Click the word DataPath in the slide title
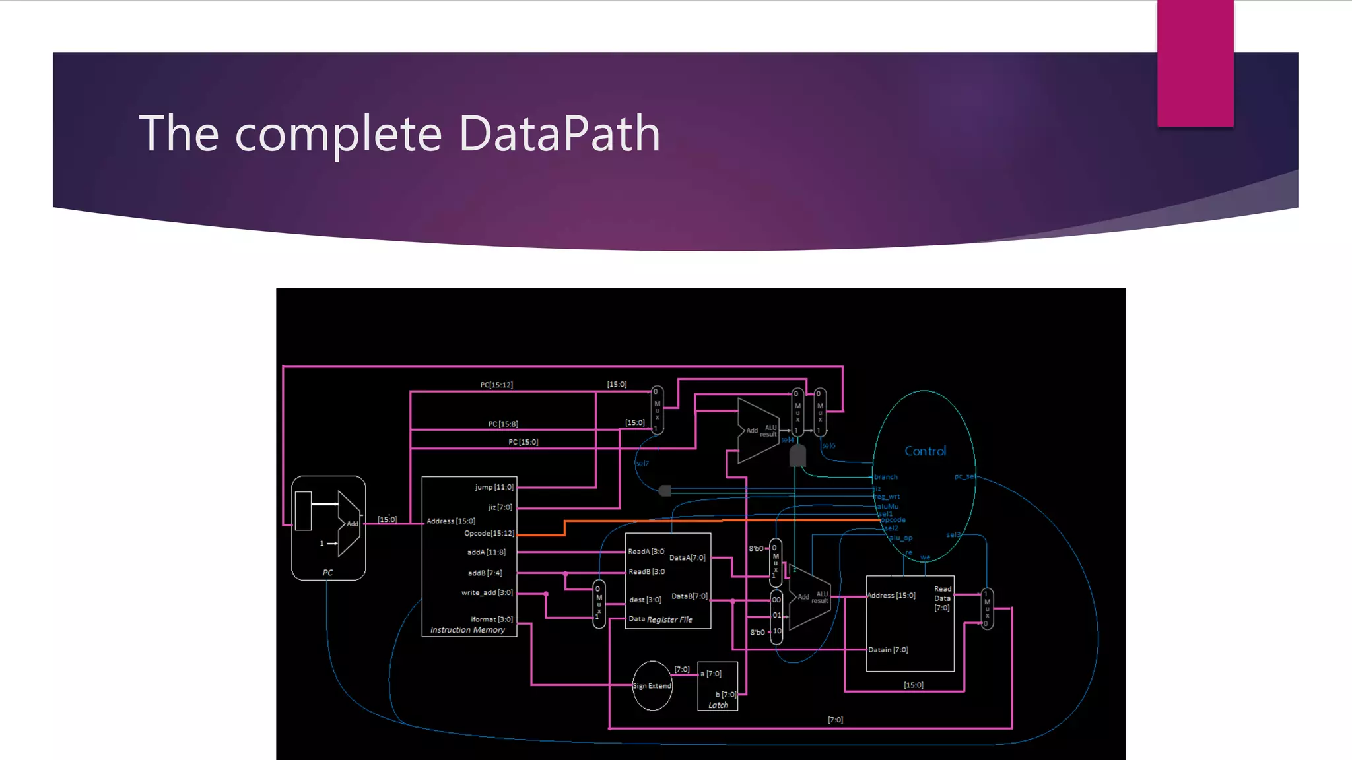[x=559, y=133]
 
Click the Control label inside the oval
[x=925, y=451]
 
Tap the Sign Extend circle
[x=652, y=686]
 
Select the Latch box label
[x=718, y=705]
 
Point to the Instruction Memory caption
[x=467, y=630]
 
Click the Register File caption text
[x=669, y=619]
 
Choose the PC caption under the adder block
[x=327, y=573]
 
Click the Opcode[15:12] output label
[x=489, y=533]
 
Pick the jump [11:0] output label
[x=494, y=487]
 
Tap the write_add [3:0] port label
[x=487, y=592]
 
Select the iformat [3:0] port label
[x=491, y=619]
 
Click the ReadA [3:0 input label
[x=646, y=551]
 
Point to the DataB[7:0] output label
[x=689, y=596]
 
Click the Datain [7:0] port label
[x=888, y=650]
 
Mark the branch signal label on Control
[x=886, y=477]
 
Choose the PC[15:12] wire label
[x=496, y=385]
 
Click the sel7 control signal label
[x=642, y=464]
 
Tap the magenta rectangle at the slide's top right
[x=1195, y=63]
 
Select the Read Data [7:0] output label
[x=942, y=598]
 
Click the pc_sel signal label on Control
[x=964, y=476]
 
